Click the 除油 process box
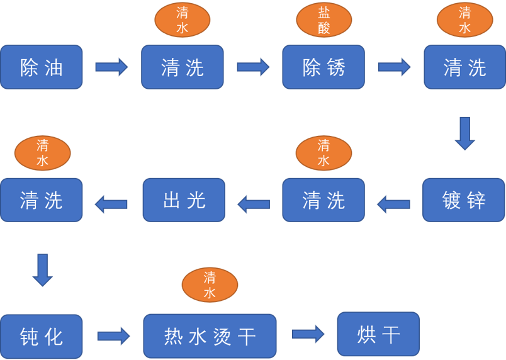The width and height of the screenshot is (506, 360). click(x=42, y=67)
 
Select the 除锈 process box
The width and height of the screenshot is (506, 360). click(x=323, y=67)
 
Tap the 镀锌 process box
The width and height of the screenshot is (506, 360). click(x=464, y=200)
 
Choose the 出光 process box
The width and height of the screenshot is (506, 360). click(x=184, y=200)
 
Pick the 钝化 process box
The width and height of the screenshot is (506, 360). click(x=42, y=337)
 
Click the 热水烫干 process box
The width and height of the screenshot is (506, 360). click(x=210, y=336)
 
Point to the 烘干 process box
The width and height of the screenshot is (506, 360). click(x=378, y=334)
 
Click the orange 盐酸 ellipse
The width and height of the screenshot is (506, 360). click(x=324, y=20)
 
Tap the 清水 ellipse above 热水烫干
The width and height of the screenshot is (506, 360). click(x=210, y=285)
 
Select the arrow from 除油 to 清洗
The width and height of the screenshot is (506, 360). click(x=111, y=67)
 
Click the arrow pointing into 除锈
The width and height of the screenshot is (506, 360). click(x=254, y=67)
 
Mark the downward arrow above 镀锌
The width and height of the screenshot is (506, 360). click(x=464, y=133)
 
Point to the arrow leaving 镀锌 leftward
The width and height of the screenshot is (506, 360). click(x=393, y=204)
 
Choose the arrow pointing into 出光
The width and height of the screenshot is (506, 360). click(x=254, y=204)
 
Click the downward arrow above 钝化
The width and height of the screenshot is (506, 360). click(x=43, y=270)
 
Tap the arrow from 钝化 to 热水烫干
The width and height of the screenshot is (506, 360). click(x=113, y=336)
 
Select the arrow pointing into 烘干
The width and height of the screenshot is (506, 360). click(x=308, y=334)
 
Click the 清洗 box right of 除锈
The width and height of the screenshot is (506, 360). click(x=464, y=67)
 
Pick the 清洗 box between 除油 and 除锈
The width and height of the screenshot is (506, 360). click(x=183, y=67)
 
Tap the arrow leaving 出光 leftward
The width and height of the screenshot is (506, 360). click(x=111, y=204)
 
